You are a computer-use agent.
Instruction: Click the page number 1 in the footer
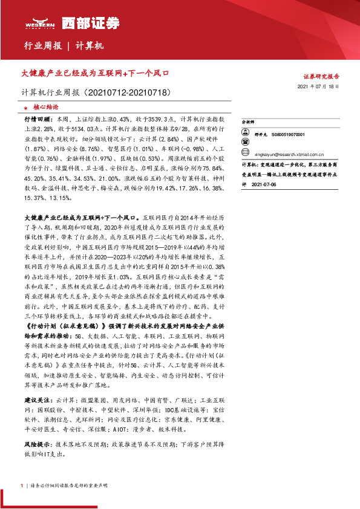(22, 485)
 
